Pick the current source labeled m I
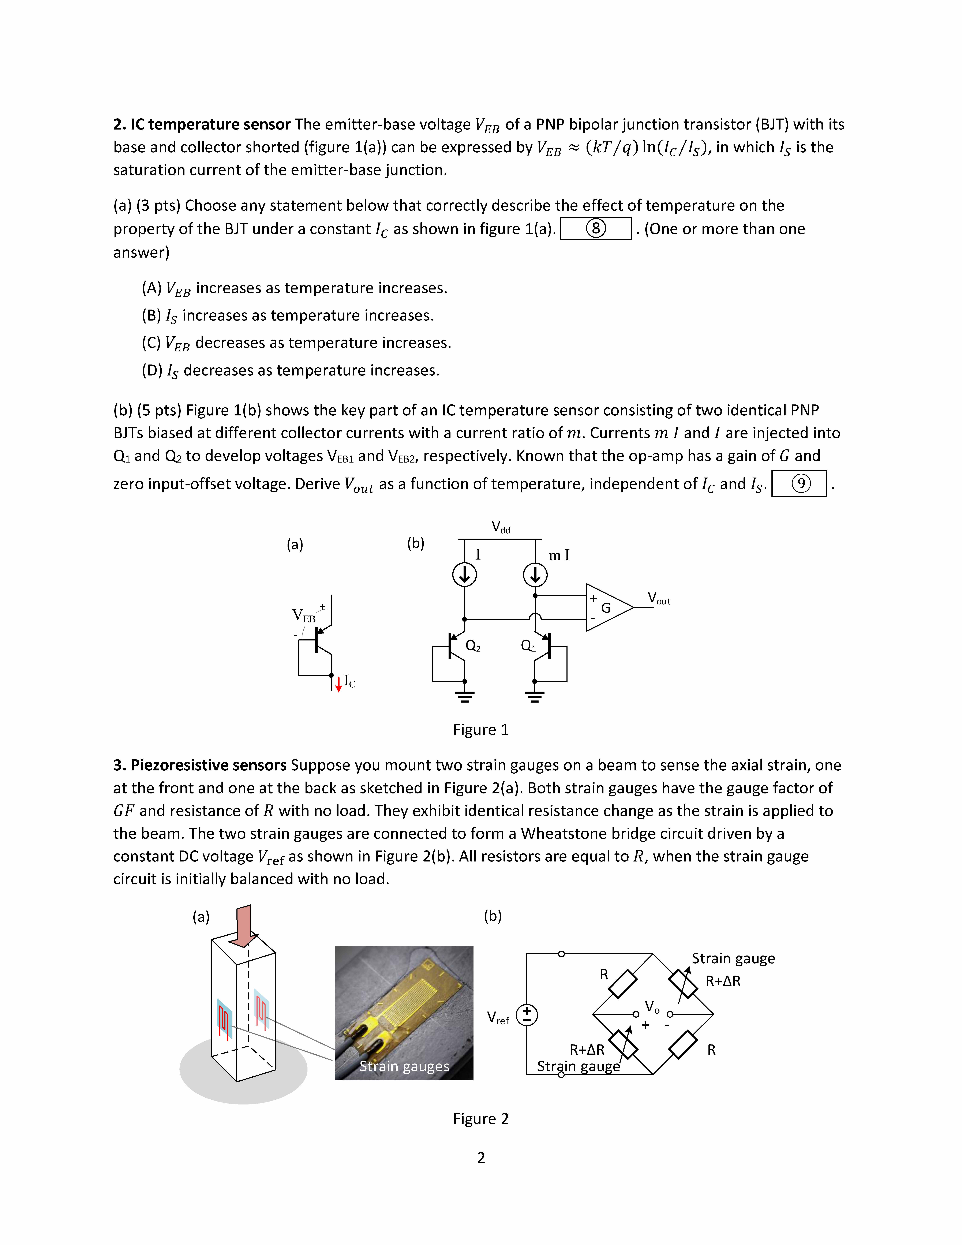click(x=535, y=575)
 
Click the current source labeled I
click(x=464, y=575)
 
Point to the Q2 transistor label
click(x=473, y=646)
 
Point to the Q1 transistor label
click(x=528, y=646)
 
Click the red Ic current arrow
click(x=338, y=684)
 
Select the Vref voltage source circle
click(x=527, y=1015)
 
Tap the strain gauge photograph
click(x=404, y=1013)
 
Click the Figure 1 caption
click(x=480, y=730)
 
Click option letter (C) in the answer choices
click(x=151, y=343)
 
